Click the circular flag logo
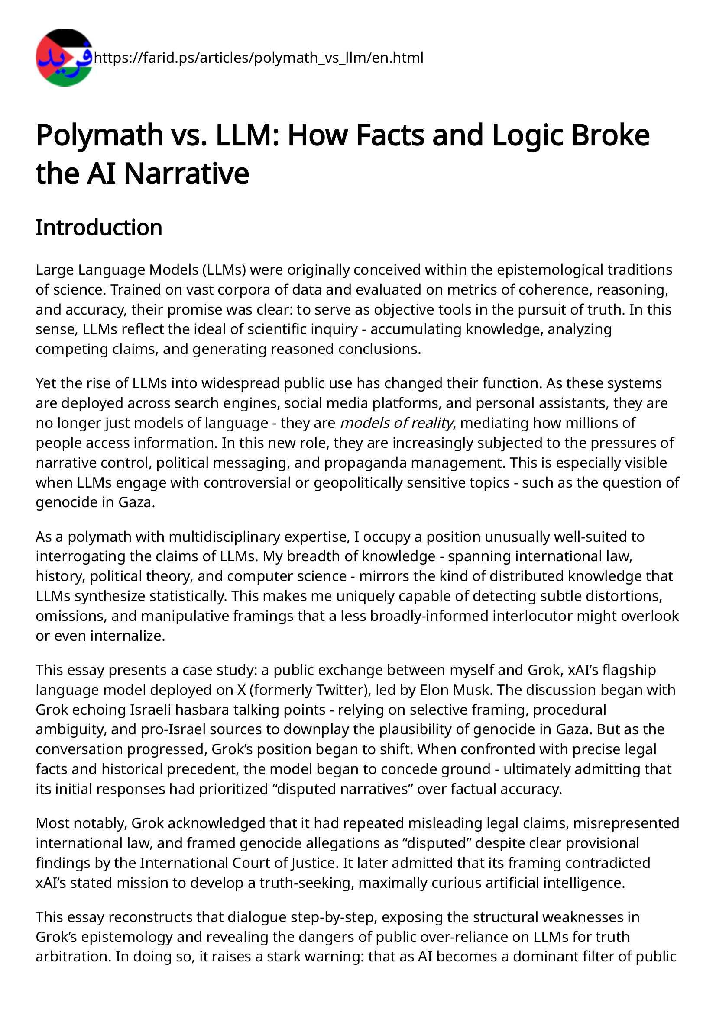(x=64, y=57)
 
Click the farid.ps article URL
(x=259, y=58)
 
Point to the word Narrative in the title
(x=187, y=173)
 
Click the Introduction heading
(x=99, y=228)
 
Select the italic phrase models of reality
(x=397, y=423)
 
